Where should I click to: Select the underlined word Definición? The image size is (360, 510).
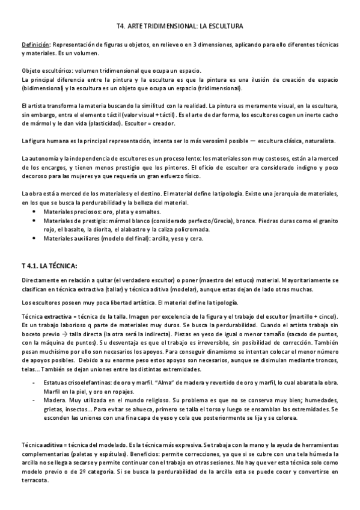[35, 45]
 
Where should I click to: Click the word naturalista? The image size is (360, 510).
[315, 140]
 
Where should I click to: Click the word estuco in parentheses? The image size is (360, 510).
[241, 280]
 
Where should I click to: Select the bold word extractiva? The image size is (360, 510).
[56, 316]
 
